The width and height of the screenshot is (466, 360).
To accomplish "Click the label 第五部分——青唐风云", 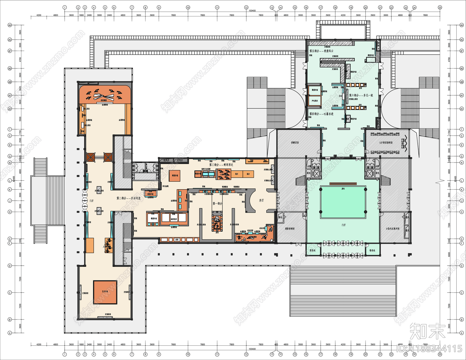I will click(x=321, y=51).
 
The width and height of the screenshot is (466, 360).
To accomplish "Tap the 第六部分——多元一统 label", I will click(x=361, y=95).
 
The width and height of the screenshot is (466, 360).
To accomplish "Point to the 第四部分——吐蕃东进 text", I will click(x=321, y=114).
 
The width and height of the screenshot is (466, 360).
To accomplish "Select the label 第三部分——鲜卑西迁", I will click(x=221, y=165).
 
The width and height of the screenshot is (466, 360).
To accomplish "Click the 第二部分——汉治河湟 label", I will click(x=128, y=198).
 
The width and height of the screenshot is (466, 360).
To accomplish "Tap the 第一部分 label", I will click(x=217, y=204).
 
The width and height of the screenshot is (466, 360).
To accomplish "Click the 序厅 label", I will click(x=261, y=200).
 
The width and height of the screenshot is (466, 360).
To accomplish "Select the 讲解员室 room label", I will click(x=295, y=143).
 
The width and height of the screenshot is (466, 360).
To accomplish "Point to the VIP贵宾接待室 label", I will click(x=386, y=143).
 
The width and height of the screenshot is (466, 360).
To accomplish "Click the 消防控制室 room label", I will click(x=290, y=229).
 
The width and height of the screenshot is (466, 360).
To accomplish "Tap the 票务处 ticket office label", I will click(x=313, y=250).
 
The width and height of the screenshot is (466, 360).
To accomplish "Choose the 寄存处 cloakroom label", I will click(x=372, y=250).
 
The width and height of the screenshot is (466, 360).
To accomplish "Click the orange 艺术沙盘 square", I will click(x=105, y=292).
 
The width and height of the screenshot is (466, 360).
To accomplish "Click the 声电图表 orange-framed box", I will click(x=315, y=101).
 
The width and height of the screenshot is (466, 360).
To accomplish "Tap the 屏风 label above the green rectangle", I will click(x=343, y=189).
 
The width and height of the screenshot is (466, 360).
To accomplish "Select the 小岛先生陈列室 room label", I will click(x=393, y=229).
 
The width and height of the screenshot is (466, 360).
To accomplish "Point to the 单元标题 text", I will click(x=165, y=186).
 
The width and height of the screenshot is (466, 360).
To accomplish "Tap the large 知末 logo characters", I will click(x=427, y=331).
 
